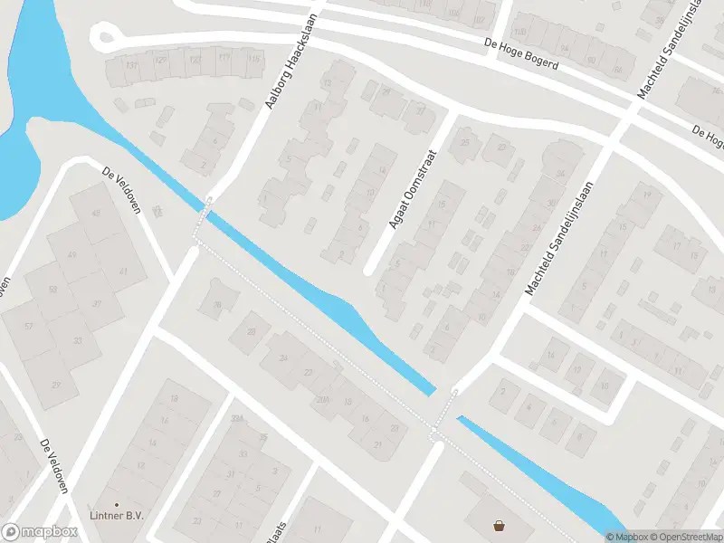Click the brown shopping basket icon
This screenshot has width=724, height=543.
[499, 525]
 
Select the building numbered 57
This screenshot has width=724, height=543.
[28, 325]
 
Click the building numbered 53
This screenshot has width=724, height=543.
[52, 289]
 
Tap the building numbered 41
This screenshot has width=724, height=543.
[120, 271]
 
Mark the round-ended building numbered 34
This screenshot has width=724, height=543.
[560, 172]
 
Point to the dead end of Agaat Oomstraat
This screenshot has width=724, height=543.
[368, 270]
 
